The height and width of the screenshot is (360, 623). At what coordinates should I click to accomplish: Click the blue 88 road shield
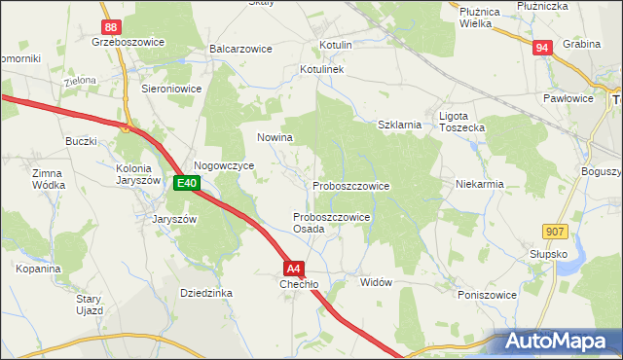[110, 27]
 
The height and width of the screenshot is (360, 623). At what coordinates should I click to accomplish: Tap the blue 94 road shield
[542, 47]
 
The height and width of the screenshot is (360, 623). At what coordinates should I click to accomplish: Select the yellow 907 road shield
[555, 230]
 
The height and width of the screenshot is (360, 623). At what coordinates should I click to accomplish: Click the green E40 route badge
[187, 182]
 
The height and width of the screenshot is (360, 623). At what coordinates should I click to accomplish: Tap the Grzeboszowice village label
[128, 43]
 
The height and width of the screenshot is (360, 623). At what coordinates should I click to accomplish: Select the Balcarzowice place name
[239, 48]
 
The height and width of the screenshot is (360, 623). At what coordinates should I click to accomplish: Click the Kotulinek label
[322, 70]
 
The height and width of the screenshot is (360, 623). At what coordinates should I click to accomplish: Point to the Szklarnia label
[399, 125]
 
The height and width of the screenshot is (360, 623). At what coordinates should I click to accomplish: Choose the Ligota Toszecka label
[461, 122]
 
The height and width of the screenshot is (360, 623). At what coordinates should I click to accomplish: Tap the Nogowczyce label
[224, 166]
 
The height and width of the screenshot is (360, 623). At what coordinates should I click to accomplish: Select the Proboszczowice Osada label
[331, 223]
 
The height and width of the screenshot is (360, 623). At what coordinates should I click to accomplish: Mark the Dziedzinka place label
[205, 292]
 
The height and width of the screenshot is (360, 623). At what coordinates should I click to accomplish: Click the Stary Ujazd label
[91, 305]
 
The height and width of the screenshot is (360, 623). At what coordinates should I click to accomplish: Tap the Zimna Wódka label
[48, 178]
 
